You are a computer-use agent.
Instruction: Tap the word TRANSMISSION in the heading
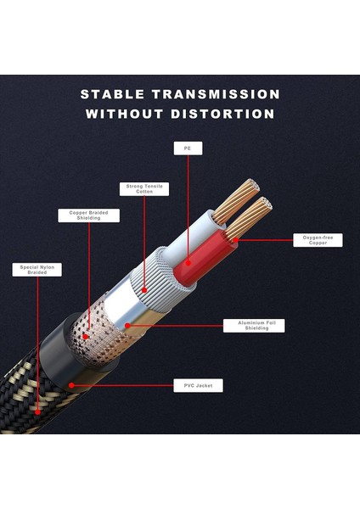click(x=216, y=94)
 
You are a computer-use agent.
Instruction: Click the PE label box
click(x=188, y=148)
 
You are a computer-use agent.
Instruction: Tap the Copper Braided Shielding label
click(x=88, y=215)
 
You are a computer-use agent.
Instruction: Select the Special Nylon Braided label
click(x=38, y=271)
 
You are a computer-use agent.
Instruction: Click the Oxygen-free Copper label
click(x=318, y=240)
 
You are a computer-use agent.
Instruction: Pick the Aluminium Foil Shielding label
click(x=254, y=325)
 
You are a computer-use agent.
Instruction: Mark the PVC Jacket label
click(x=198, y=386)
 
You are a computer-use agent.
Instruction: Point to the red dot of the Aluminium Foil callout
click(x=127, y=325)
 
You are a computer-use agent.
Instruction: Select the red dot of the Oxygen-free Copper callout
click(x=230, y=240)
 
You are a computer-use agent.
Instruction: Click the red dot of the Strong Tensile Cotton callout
click(x=145, y=290)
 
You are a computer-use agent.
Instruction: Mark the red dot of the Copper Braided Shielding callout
click(x=88, y=336)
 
